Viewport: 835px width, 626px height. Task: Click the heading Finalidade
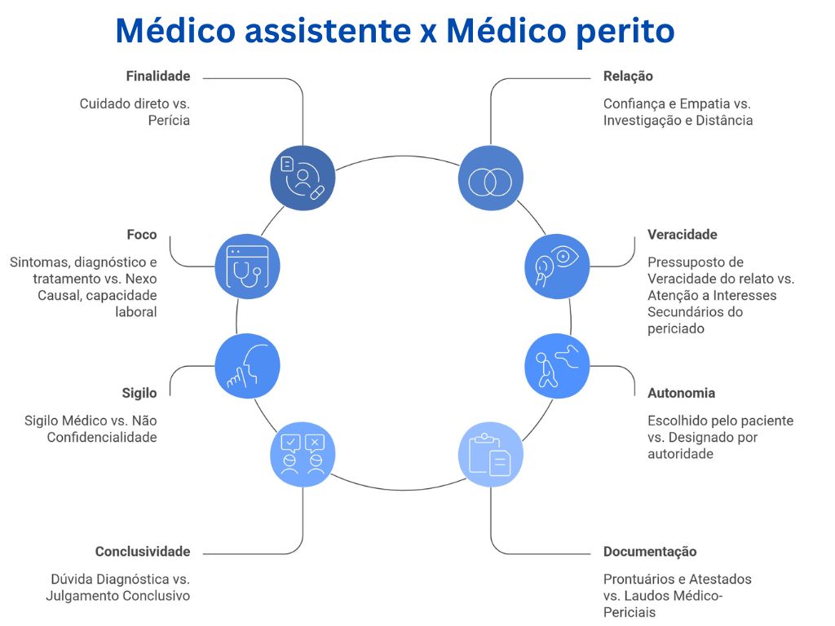click(x=158, y=77)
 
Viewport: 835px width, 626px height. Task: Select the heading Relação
click(x=628, y=77)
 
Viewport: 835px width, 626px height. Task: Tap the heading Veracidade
click(x=683, y=235)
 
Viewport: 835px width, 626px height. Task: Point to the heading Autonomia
click(x=681, y=393)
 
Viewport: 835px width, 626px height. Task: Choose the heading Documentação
click(x=650, y=552)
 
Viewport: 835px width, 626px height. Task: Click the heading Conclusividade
click(x=143, y=552)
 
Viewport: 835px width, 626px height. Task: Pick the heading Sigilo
click(x=139, y=393)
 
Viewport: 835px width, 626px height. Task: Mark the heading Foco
click(x=142, y=235)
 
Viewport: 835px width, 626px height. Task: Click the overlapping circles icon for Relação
click(x=491, y=179)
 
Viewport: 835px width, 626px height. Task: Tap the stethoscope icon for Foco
click(x=247, y=266)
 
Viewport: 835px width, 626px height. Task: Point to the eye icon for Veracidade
click(x=556, y=266)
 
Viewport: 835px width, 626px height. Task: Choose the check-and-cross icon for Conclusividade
click(x=303, y=454)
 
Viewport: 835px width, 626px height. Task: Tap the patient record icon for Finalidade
click(x=303, y=178)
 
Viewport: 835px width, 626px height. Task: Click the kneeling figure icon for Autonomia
click(x=556, y=366)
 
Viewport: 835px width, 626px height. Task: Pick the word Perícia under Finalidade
click(x=169, y=120)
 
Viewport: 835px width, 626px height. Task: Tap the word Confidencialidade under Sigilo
click(x=102, y=438)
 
